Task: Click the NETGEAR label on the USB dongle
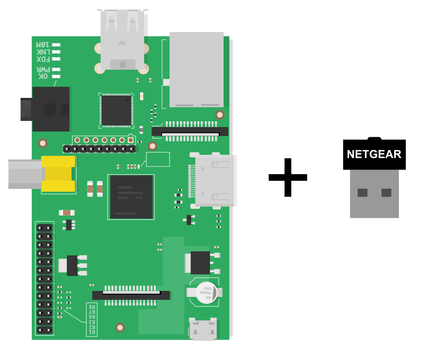click(x=374, y=154)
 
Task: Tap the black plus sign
click(x=288, y=177)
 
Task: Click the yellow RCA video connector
click(x=58, y=174)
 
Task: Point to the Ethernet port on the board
click(x=196, y=69)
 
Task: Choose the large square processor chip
click(x=131, y=197)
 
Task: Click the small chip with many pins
click(x=116, y=110)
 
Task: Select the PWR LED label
click(x=43, y=69)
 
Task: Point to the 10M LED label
click(x=42, y=45)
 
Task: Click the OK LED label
click(x=43, y=76)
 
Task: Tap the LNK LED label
click(x=43, y=52)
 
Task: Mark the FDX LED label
click(x=43, y=59)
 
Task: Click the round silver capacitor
click(x=206, y=292)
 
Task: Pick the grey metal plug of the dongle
click(x=374, y=194)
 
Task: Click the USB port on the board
click(x=122, y=40)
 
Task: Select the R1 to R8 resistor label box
click(x=92, y=319)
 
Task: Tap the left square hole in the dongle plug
click(x=362, y=193)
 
